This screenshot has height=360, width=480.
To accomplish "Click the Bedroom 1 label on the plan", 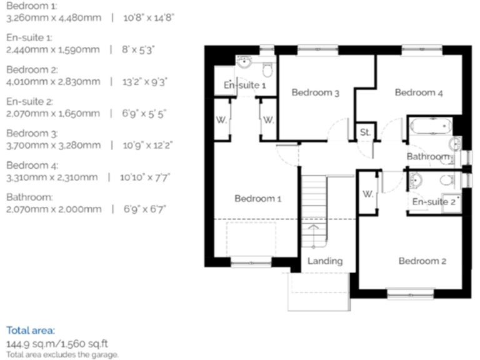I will (x=257, y=199).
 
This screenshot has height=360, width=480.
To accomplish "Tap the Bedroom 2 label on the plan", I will (x=422, y=261).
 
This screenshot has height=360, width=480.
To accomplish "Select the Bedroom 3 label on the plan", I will (x=316, y=93).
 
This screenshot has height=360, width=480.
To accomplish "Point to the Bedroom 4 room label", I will (x=419, y=92).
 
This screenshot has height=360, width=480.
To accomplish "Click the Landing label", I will (x=325, y=261).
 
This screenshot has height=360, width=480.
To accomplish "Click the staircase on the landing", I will (x=314, y=212).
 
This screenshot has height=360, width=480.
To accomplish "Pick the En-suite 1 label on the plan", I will (x=245, y=85).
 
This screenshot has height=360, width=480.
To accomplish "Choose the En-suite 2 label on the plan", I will (x=434, y=201).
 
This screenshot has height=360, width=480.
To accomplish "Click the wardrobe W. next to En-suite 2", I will (x=367, y=194).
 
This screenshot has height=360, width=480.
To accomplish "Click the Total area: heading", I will (x=31, y=329).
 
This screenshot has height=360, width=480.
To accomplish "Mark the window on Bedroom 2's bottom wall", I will (x=410, y=291).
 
